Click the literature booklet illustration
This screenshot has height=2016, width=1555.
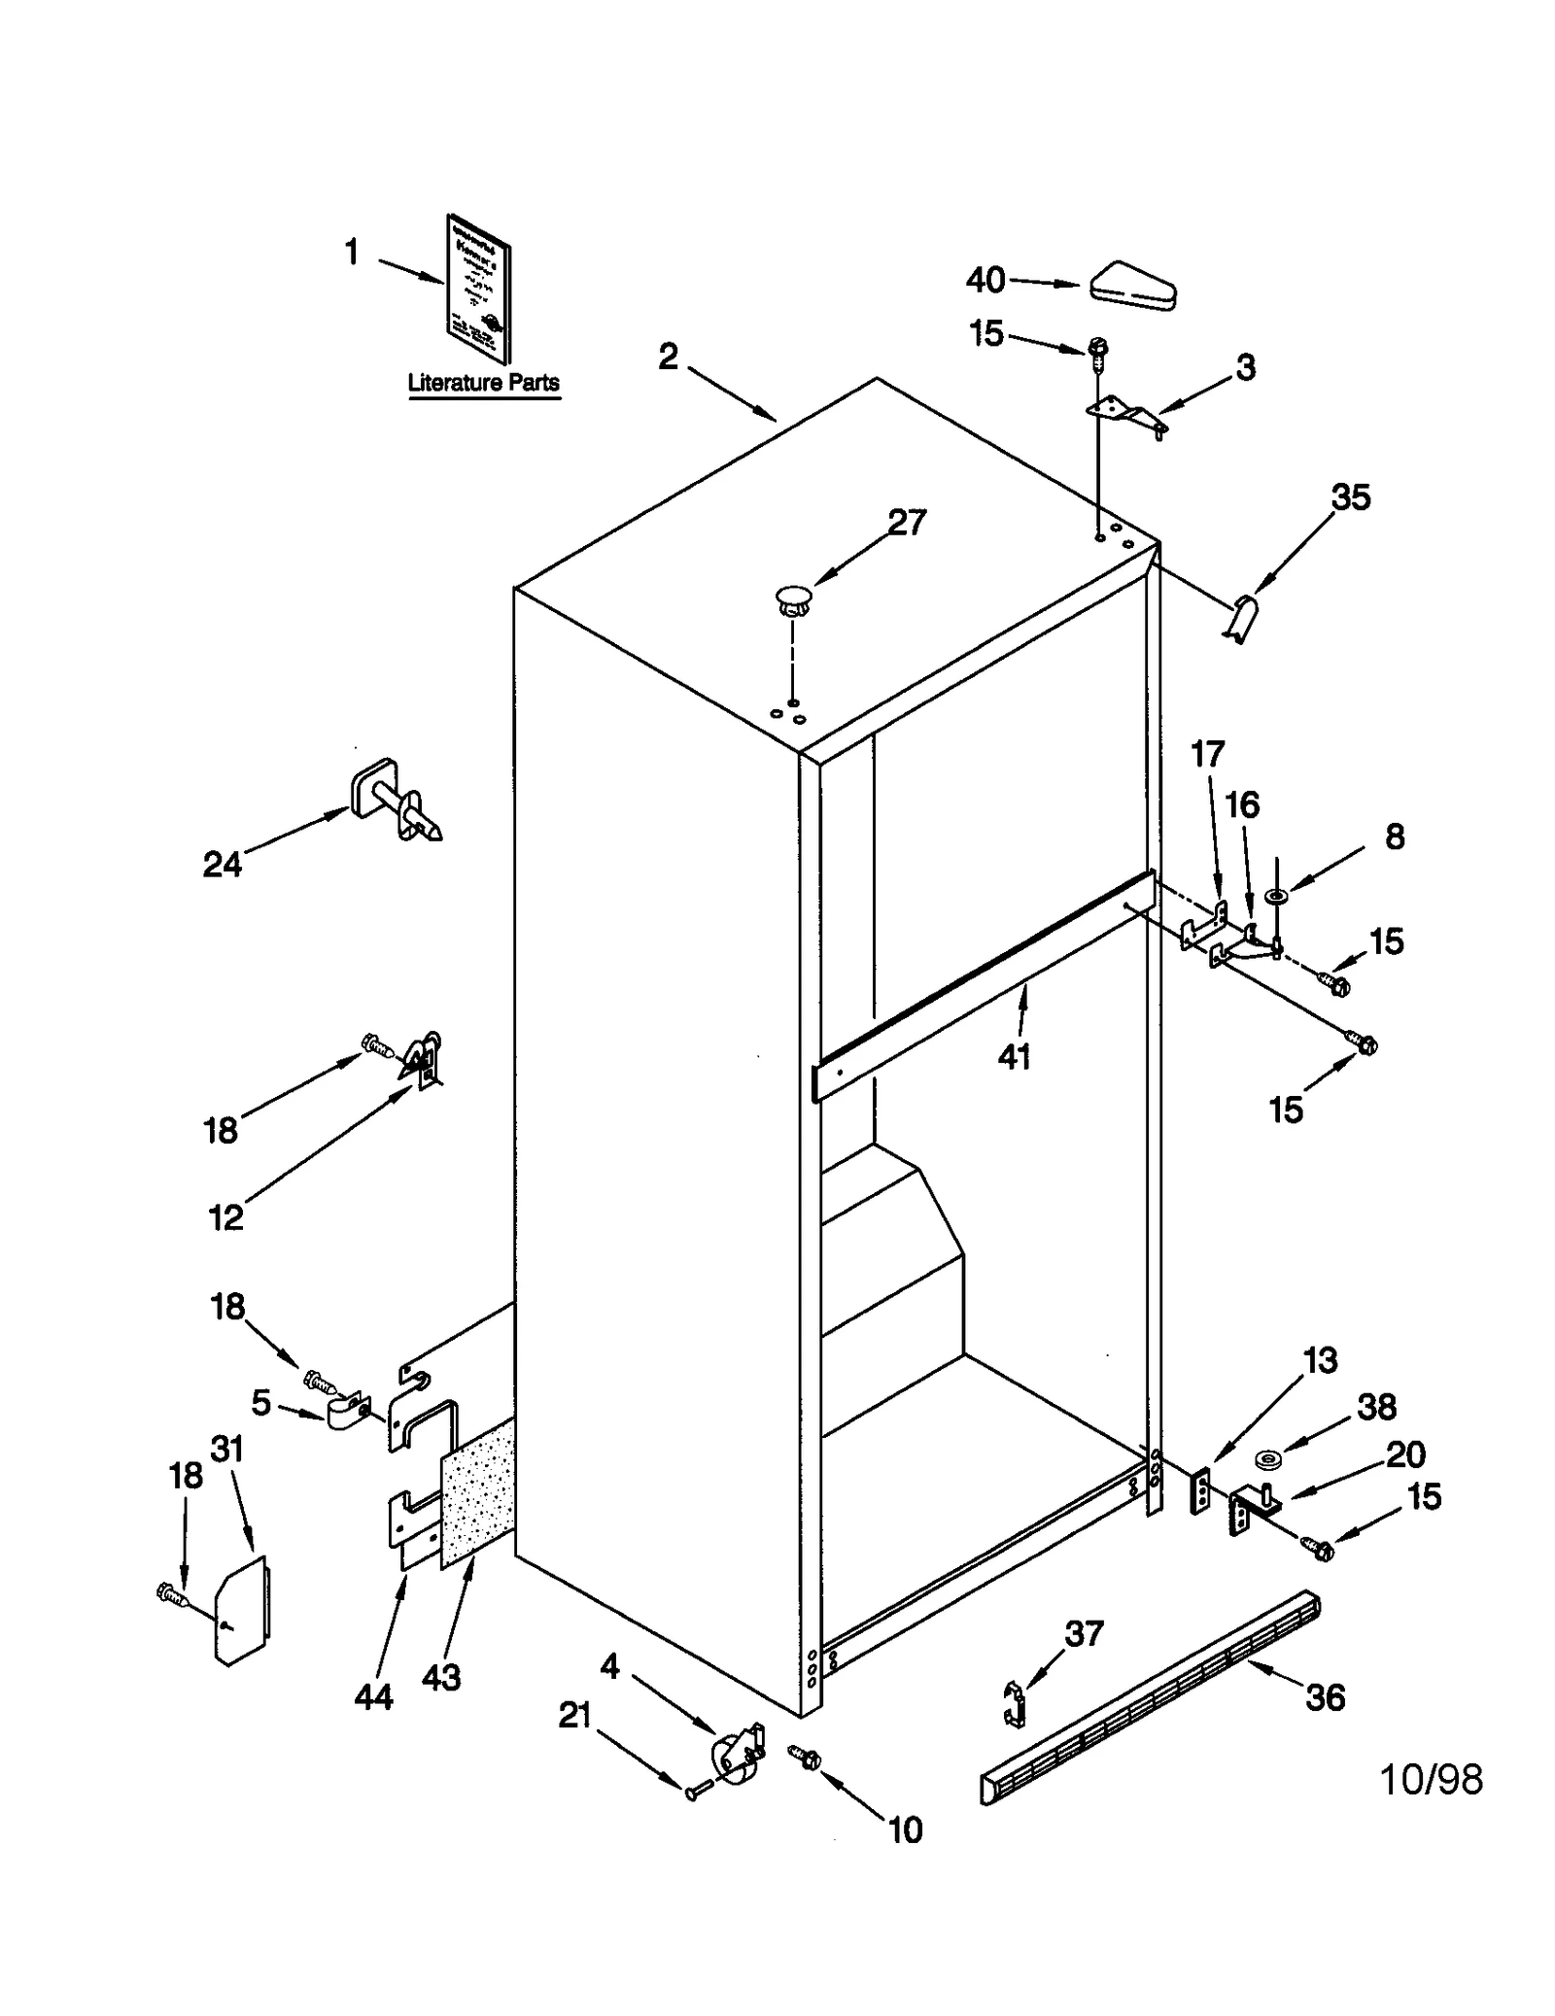478,289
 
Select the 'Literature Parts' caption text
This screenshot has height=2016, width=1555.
483,383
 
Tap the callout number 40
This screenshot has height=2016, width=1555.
985,281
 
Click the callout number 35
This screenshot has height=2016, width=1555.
1350,497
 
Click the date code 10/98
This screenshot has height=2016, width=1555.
1431,1780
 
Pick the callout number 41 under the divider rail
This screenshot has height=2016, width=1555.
1014,1057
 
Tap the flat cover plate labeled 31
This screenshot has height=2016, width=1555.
242,1610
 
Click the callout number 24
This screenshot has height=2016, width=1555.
222,864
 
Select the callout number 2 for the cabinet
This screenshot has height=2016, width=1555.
668,358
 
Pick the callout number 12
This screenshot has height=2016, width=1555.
225,1216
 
